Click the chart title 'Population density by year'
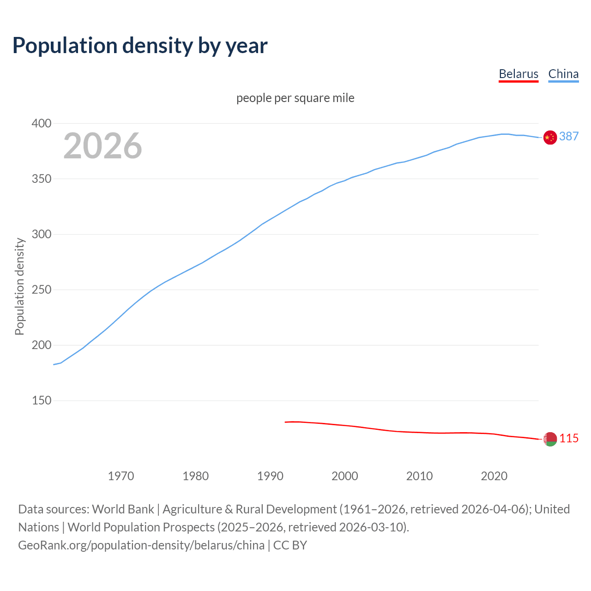point(140,46)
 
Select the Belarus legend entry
point(519,74)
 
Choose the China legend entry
point(563,74)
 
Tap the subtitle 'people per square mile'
point(295,98)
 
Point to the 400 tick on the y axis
point(42,123)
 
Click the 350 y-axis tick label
point(42,179)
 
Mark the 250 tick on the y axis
point(42,289)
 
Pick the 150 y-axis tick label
point(42,400)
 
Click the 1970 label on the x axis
point(121,476)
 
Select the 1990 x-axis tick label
point(270,476)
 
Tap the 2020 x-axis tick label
point(494,476)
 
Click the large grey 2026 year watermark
point(103,146)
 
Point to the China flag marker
point(550,137)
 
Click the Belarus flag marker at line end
point(550,440)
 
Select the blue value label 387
point(569,136)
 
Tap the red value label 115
point(569,438)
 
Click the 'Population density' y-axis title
point(19,286)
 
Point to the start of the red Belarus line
point(286,422)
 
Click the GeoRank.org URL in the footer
point(141,545)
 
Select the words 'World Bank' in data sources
point(123,509)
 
